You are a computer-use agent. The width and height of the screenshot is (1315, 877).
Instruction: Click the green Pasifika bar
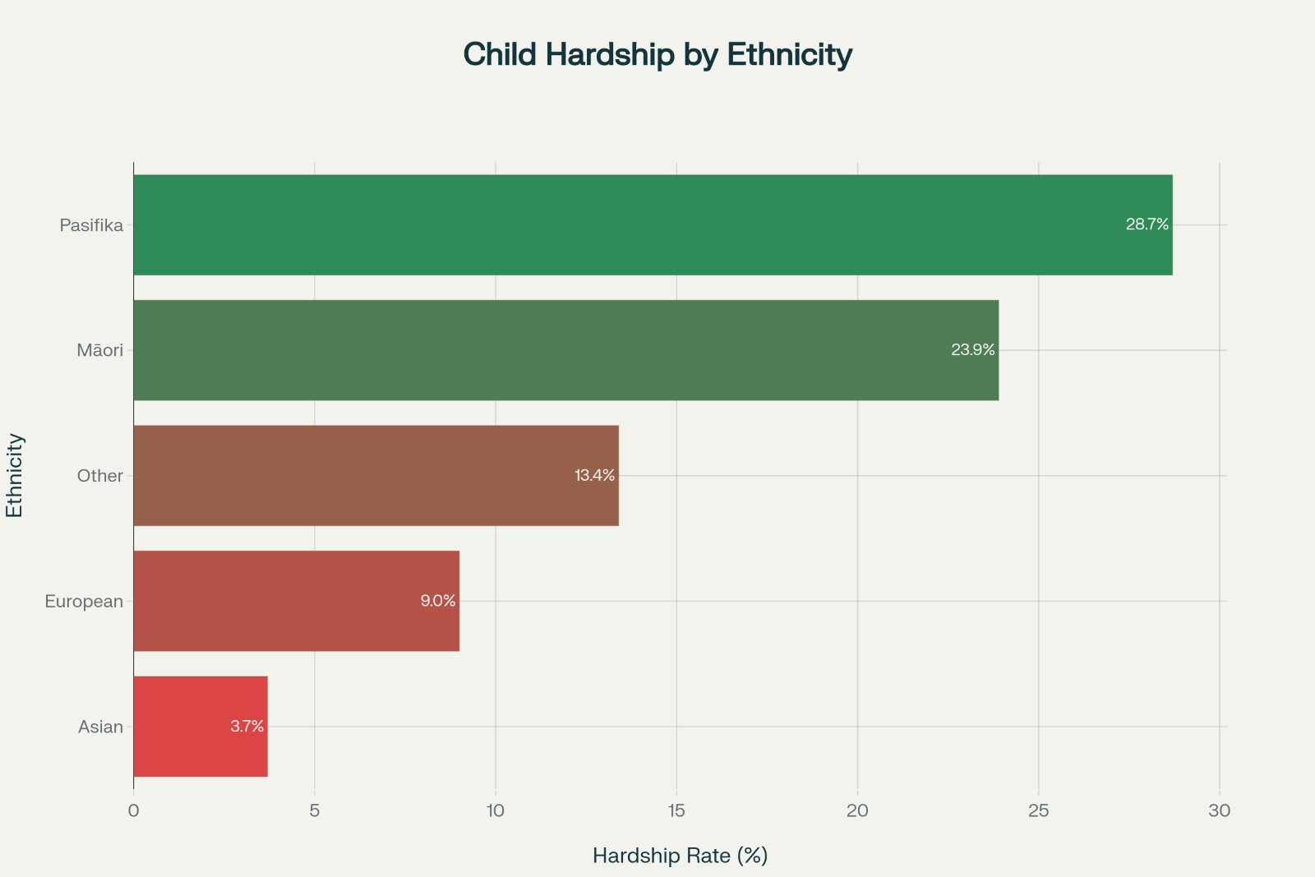click(653, 224)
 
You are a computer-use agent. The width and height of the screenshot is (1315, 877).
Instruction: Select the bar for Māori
click(565, 350)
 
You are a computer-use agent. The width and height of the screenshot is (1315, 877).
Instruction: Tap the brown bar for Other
click(376, 475)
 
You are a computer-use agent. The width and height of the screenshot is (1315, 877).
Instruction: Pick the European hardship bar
click(296, 601)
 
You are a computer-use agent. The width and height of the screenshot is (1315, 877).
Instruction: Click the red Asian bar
click(200, 726)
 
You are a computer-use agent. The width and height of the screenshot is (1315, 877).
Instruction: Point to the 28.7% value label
click(1147, 224)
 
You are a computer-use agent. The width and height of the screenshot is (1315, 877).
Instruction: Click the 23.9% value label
click(973, 350)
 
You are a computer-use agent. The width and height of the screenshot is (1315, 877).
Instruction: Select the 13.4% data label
click(594, 475)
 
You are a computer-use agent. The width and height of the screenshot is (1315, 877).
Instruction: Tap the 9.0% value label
click(438, 601)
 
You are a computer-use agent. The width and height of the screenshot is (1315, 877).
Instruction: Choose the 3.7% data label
click(247, 727)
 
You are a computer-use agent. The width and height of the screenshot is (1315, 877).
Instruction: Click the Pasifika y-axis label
click(91, 225)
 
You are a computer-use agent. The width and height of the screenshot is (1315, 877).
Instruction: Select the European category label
click(84, 602)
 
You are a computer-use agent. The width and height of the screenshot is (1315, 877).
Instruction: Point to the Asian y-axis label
click(100, 727)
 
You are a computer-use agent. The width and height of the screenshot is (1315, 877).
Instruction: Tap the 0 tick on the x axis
click(133, 810)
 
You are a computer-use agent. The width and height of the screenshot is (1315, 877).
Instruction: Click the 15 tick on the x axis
click(676, 810)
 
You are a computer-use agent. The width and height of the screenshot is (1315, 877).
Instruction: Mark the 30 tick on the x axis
click(1220, 810)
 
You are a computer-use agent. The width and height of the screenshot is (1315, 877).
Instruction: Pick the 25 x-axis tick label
click(1039, 810)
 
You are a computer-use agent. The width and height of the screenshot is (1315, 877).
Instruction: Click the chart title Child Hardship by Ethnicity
click(657, 54)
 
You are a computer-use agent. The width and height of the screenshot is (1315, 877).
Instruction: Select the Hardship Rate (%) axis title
click(680, 856)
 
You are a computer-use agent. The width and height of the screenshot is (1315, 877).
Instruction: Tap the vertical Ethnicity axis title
click(15, 475)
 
